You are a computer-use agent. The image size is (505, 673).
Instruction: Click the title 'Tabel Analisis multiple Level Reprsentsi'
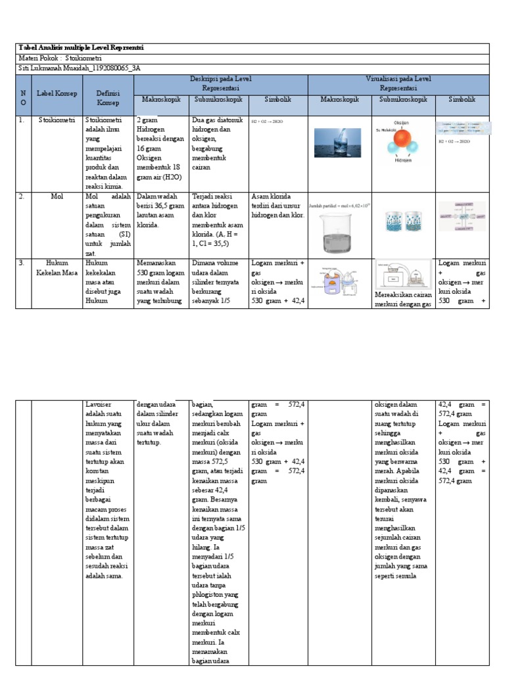click(x=82, y=48)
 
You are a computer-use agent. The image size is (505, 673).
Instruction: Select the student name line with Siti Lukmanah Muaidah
click(x=80, y=68)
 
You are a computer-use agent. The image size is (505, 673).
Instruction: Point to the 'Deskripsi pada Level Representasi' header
click(x=221, y=83)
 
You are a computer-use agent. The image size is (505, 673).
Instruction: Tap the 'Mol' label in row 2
click(x=57, y=197)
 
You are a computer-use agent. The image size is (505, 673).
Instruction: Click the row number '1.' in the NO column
click(x=22, y=120)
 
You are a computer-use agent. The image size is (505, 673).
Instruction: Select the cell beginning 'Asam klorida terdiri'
click(x=277, y=205)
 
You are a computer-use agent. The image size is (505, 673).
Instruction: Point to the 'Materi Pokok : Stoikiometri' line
click(x=58, y=58)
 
